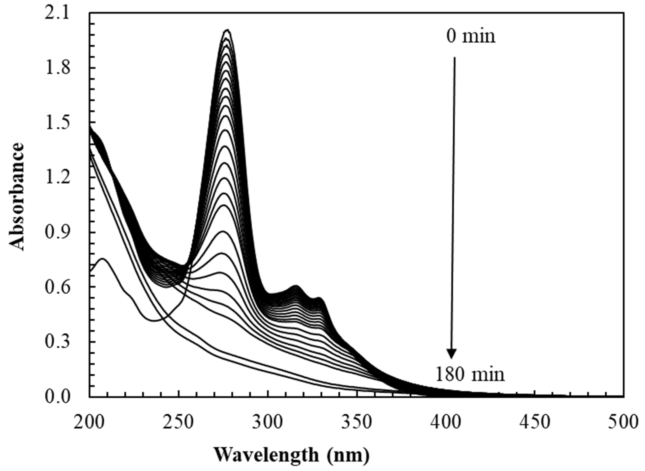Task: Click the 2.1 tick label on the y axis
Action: coord(57,14)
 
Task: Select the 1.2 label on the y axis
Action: coord(57,178)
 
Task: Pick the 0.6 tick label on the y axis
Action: coord(57,287)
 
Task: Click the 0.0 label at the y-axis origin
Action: coord(57,397)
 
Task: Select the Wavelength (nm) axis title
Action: coord(291,455)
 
